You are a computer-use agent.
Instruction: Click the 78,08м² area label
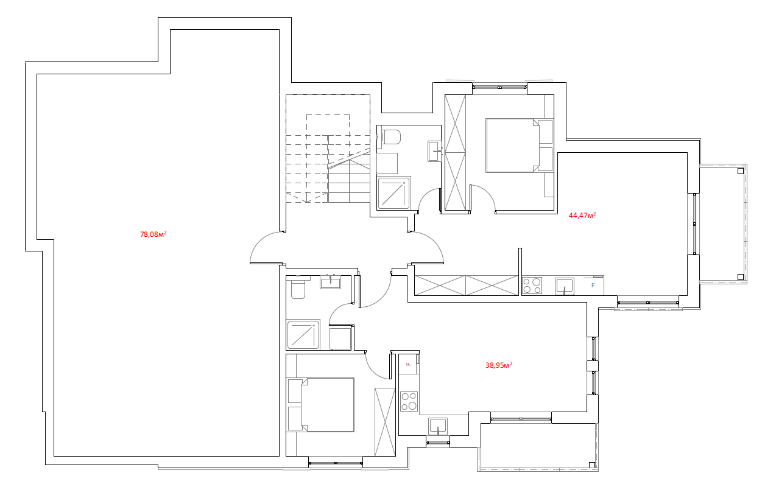tap(153, 234)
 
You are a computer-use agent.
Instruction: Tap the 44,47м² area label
tap(582, 215)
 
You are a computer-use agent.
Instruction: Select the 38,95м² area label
tap(499, 365)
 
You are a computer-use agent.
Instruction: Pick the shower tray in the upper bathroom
tap(393, 193)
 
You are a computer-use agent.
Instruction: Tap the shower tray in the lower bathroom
tap(303, 334)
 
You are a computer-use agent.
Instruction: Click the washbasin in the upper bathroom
tap(434, 151)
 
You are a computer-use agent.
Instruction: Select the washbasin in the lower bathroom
tap(330, 282)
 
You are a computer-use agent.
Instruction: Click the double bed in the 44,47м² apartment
tap(512, 146)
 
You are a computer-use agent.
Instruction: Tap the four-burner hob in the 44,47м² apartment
tap(532, 286)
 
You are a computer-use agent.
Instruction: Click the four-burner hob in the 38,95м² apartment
tap(409, 401)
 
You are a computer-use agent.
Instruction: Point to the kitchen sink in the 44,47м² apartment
tap(564, 286)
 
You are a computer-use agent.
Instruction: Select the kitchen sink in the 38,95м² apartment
tap(438, 426)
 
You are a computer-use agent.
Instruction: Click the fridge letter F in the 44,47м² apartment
tap(593, 285)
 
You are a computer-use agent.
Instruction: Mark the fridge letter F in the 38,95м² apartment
tap(407, 364)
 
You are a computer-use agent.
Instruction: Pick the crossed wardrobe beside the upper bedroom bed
tap(455, 153)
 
